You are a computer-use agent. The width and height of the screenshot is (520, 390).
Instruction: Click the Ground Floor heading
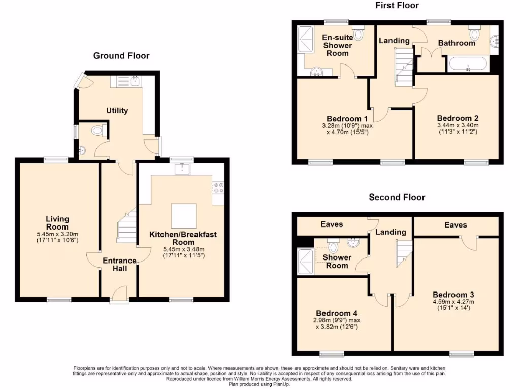pyautogui.click(x=121, y=56)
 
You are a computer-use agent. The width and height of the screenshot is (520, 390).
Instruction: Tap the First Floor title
pyautogui.click(x=397, y=6)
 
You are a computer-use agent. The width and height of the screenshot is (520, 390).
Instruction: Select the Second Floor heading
pyautogui.click(x=397, y=197)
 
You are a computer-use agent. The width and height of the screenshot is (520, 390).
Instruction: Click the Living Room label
pyautogui.click(x=57, y=223)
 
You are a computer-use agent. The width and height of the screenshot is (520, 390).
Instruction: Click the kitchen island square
pyautogui.click(x=183, y=216)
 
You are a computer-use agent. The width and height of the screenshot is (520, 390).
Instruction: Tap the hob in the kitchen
pyautogui.click(x=218, y=188)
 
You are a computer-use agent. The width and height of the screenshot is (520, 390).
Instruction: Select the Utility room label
pyautogui.click(x=117, y=111)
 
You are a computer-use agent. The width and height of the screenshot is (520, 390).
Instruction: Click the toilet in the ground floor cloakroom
pyautogui.click(x=97, y=131)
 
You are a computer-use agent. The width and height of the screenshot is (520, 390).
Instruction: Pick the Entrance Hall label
pyautogui.click(x=119, y=264)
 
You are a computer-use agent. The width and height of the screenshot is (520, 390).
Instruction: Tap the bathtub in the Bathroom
pyautogui.click(x=468, y=64)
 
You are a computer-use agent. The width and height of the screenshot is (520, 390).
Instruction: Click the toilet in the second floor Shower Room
pyautogui.click(x=333, y=246)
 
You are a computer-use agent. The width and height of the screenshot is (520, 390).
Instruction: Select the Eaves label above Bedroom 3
pyautogui.click(x=455, y=225)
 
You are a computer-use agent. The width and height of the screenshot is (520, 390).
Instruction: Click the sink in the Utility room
pyautogui.click(x=135, y=80)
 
